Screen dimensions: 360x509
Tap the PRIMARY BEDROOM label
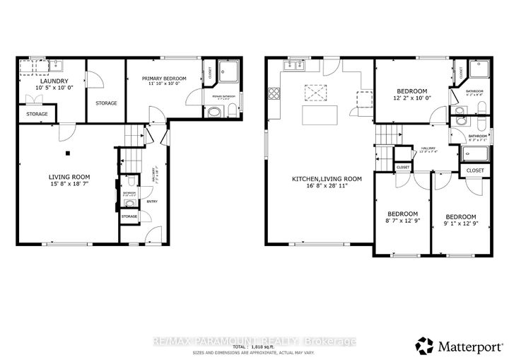point(163,79)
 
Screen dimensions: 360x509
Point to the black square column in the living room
point(68,152)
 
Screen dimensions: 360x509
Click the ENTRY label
point(152,202)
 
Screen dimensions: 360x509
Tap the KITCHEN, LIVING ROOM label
point(327,179)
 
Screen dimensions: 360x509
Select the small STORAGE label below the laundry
point(37,114)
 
